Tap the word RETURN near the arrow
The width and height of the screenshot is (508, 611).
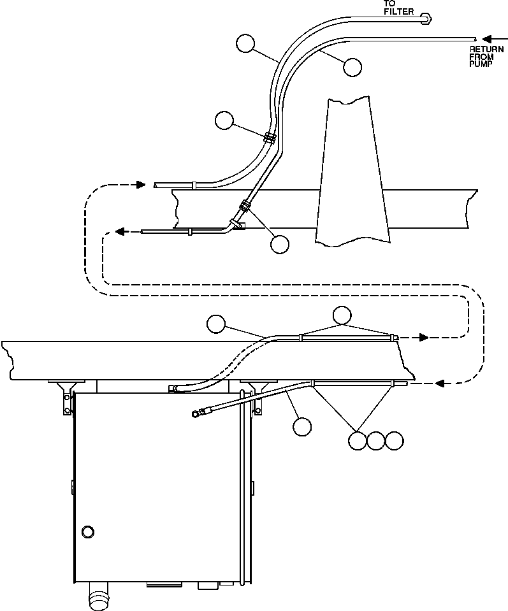pos(486,49)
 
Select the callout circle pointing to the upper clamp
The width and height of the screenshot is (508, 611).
pos(224,120)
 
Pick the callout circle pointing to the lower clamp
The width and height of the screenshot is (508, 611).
pos(279,244)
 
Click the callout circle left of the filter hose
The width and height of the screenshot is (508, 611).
pos(245,43)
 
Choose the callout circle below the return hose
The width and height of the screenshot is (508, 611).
pos(352,68)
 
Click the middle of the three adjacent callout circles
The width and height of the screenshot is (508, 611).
pos(377,440)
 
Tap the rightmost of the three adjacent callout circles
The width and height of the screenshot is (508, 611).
pos(395,440)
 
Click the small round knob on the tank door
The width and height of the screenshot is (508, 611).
pos(88,531)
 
